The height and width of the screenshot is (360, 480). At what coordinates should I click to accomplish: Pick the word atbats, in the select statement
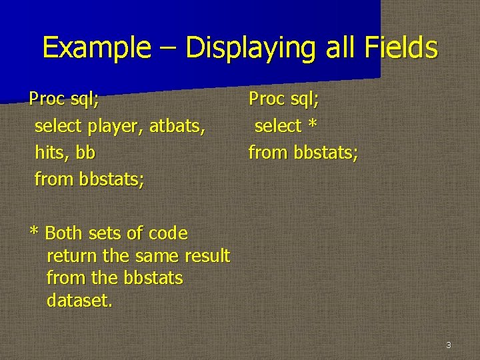(x=177, y=126)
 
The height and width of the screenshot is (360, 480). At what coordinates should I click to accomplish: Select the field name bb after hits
(x=85, y=153)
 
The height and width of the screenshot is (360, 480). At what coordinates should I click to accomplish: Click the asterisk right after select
(x=312, y=125)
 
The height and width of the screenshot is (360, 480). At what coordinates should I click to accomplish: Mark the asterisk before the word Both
(x=35, y=233)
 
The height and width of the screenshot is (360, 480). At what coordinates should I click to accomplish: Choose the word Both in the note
(x=63, y=234)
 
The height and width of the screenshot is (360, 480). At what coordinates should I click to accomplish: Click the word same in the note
(x=157, y=256)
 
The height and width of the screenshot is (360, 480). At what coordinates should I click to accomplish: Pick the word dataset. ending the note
(x=80, y=301)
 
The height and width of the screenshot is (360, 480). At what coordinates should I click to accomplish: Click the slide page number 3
(x=449, y=345)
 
